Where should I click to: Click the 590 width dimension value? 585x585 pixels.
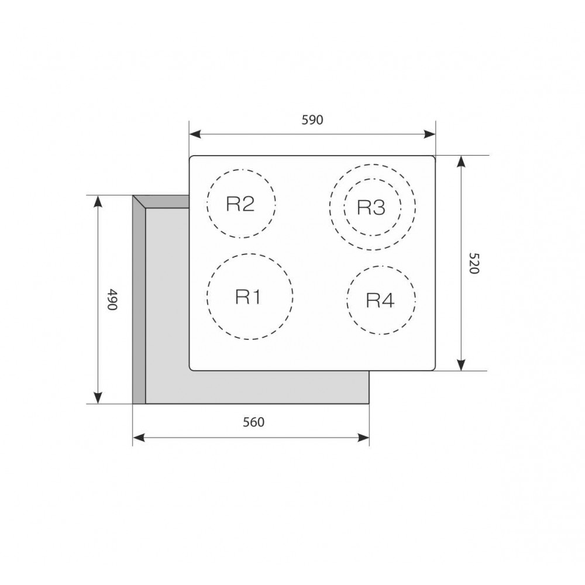[x=312, y=120]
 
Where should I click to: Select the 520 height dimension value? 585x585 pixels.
[x=474, y=263]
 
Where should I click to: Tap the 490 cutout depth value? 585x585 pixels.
[x=112, y=299]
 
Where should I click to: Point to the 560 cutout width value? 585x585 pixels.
[x=253, y=422]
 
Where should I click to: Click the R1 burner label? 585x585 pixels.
[x=248, y=297]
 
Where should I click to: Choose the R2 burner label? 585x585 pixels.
[x=240, y=204]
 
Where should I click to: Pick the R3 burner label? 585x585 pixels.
[x=371, y=207]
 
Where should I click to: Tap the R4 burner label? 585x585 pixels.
[x=380, y=300]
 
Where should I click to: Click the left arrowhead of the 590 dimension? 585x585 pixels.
[x=195, y=135]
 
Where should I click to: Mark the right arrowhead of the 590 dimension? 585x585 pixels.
[x=430, y=135]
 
